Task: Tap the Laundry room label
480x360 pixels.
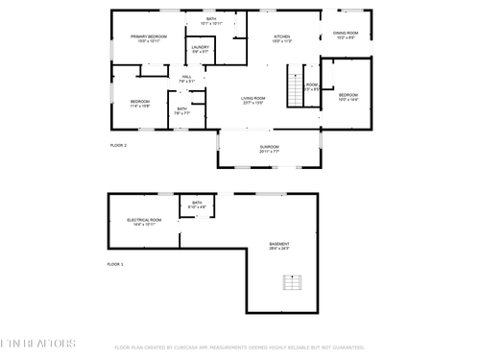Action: [200, 49]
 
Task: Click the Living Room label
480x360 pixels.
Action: [252, 100]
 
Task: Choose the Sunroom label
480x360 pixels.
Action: [269, 149]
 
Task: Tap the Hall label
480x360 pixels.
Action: [187, 79]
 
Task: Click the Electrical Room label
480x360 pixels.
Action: [144, 222]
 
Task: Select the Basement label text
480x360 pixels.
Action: [278, 246]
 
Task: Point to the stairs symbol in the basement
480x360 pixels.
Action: [292, 281]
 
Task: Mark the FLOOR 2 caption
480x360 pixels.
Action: [118, 145]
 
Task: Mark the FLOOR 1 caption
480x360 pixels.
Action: [114, 263]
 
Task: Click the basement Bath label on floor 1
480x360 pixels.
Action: [197, 204]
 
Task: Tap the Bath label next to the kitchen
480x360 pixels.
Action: [210, 20]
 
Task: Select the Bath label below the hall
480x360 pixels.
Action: [182, 110]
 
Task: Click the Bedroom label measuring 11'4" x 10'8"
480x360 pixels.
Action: [140, 104]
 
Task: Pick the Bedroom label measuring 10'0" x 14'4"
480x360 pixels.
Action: [348, 97]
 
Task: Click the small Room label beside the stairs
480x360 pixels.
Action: [312, 86]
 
